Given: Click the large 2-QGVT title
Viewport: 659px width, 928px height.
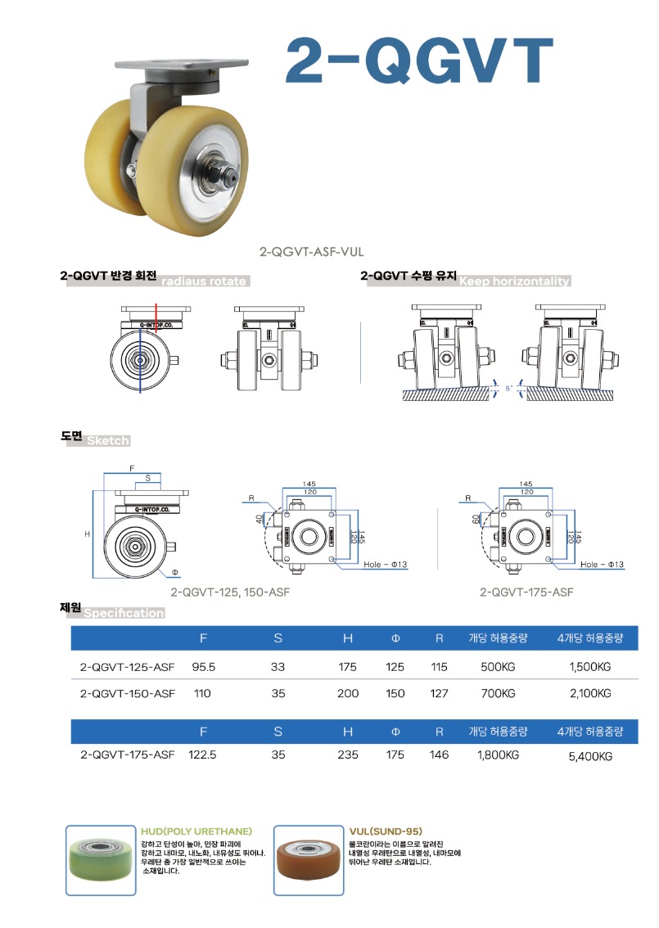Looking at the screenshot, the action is [x=419, y=61].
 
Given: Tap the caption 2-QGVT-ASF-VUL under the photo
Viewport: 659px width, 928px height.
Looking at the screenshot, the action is [x=311, y=251].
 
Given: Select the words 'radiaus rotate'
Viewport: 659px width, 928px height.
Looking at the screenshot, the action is [x=204, y=282].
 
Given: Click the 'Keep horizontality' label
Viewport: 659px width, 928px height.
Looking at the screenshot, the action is [x=514, y=282].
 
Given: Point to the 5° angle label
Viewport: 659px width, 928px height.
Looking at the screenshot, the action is [x=508, y=388].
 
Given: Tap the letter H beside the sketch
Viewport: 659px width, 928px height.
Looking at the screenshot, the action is [x=87, y=534].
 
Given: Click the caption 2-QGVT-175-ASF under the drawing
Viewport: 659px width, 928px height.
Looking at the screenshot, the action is [x=526, y=592].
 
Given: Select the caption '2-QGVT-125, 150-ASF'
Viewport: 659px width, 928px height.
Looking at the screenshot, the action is [x=230, y=592].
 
